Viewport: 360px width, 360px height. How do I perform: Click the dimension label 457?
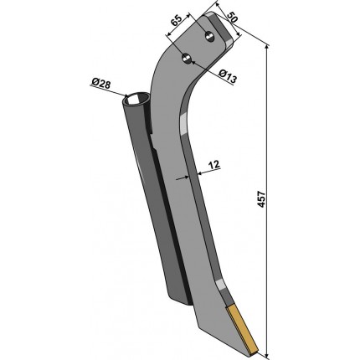pos(261,199)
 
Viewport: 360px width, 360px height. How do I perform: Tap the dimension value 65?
pos(177,20)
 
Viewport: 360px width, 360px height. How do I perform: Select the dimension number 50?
pos(232,18)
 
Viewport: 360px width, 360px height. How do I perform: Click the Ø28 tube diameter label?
pos(100,83)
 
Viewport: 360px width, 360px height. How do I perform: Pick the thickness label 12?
pos(214,164)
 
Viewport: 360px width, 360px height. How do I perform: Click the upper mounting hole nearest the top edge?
pos(209,36)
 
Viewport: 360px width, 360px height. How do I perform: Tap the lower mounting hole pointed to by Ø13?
pos(187,59)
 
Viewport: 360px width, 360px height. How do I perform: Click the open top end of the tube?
pos(136,100)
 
